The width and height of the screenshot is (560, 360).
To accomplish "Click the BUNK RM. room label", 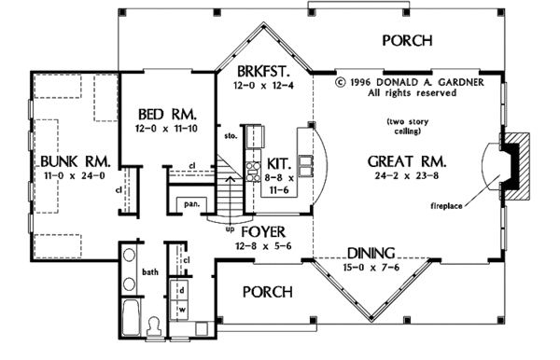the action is [x=76, y=161].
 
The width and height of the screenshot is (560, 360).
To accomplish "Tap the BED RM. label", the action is [x=167, y=115].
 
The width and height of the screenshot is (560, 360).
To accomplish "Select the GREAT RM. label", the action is [x=407, y=161].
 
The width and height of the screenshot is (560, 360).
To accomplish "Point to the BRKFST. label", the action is [x=263, y=72].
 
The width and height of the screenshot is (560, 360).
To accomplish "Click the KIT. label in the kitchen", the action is [x=279, y=164].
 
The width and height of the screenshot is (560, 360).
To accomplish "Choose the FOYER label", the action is [x=263, y=232].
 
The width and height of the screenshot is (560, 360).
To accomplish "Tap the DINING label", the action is [x=371, y=253].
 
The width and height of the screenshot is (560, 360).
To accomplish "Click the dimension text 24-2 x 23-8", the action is [x=407, y=175].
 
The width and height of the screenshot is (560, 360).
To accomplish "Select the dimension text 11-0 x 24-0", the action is [x=75, y=175].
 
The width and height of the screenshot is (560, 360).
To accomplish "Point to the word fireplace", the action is [x=446, y=206].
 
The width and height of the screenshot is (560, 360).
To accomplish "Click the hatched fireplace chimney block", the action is [x=516, y=166].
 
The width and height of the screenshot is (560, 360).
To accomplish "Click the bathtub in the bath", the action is [x=131, y=317].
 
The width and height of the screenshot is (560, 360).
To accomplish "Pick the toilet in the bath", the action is [x=155, y=326].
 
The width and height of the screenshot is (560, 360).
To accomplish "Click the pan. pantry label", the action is [x=191, y=204].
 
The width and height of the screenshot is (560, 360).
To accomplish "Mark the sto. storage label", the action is [x=231, y=136].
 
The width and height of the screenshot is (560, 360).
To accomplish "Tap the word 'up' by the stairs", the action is [x=230, y=229].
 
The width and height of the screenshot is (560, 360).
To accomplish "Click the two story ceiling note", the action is [x=408, y=126].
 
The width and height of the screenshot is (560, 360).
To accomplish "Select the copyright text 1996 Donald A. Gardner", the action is [x=410, y=82].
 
